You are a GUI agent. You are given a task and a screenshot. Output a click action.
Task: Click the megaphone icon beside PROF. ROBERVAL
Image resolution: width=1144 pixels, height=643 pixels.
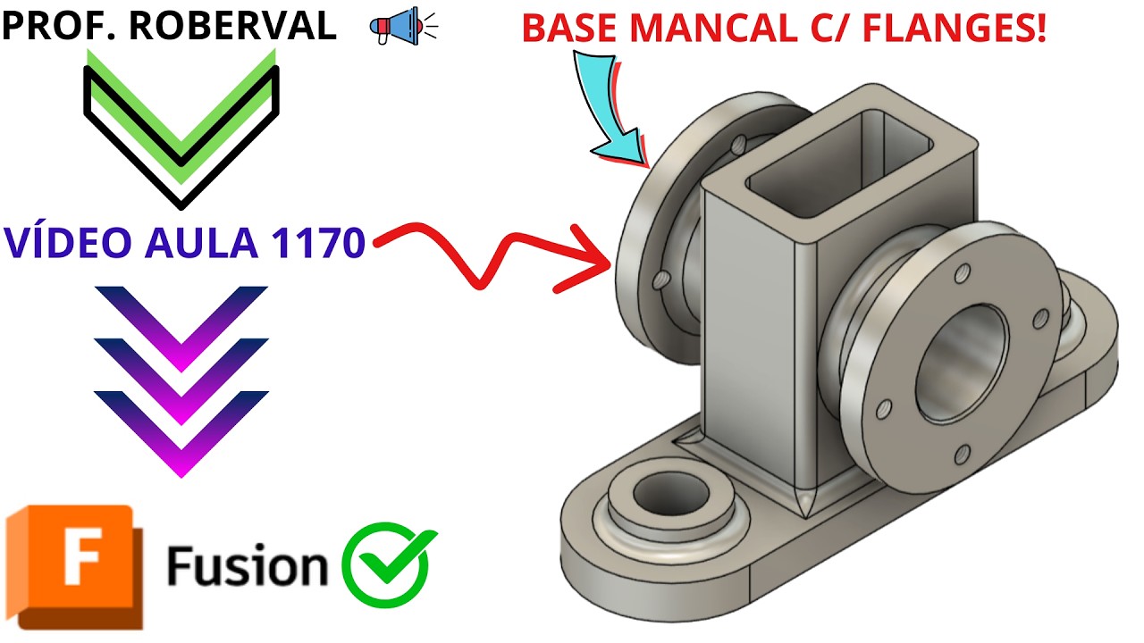tap(402, 26)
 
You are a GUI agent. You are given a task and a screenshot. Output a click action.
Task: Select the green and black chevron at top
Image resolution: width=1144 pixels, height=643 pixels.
tap(181, 125)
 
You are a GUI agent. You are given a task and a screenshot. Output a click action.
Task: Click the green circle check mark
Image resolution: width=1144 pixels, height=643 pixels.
tap(389, 564)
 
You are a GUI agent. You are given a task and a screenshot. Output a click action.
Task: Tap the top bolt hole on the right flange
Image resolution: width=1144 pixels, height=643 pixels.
tap(963, 270)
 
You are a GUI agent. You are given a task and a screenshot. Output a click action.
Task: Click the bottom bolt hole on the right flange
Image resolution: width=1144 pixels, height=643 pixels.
tap(960, 455)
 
